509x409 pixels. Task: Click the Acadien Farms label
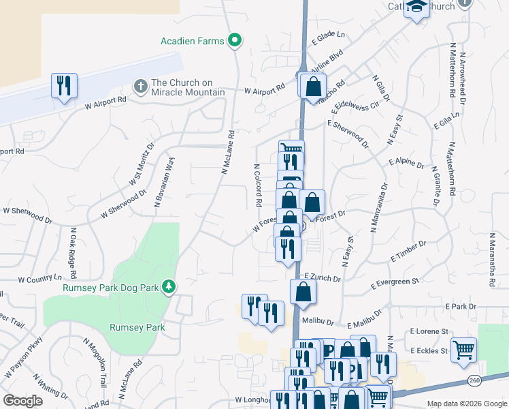click(192, 41)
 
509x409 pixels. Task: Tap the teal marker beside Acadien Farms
click(235, 41)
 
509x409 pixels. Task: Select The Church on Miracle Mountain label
click(188, 87)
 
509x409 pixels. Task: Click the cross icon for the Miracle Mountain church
click(140, 87)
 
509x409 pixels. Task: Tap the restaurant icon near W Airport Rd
click(65, 86)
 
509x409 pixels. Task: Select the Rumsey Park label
click(137, 327)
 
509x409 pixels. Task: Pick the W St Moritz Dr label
click(142, 164)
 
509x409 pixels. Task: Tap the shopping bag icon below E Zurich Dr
click(303, 291)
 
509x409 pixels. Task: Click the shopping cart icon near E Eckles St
click(463, 350)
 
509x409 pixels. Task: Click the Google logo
click(22, 401)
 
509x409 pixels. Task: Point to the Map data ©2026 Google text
click(465, 403)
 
